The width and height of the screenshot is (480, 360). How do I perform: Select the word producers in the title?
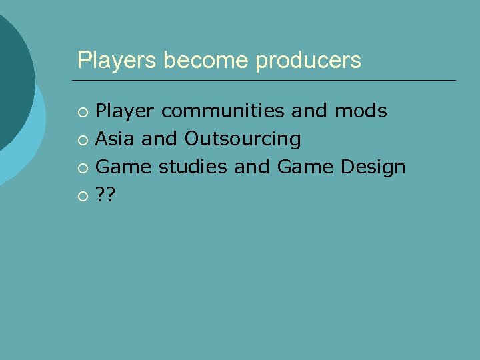click(x=308, y=61)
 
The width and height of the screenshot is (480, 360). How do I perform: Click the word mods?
click(x=361, y=111)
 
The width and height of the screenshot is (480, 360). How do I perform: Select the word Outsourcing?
click(x=243, y=139)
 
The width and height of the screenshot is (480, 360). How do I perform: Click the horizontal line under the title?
click(x=267, y=80)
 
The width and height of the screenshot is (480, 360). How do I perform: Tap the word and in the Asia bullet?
click(x=160, y=139)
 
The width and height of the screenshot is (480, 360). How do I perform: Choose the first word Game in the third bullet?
click(x=123, y=167)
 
